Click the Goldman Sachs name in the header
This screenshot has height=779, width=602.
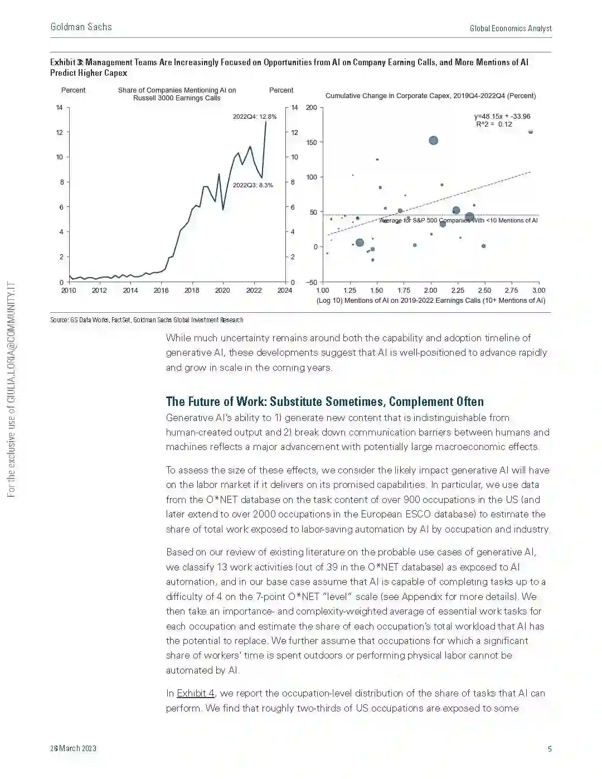pyautogui.click(x=81, y=27)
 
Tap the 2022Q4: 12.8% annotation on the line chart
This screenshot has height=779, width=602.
pyautogui.click(x=254, y=117)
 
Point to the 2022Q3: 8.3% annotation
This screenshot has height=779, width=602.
pyautogui.click(x=253, y=185)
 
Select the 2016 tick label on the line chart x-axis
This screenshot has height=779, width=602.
pyautogui.click(x=161, y=290)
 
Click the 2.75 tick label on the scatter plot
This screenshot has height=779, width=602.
pyautogui.click(x=511, y=290)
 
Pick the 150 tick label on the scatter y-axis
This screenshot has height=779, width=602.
pyautogui.click(x=312, y=143)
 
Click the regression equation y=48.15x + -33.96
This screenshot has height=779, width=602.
pyautogui.click(x=502, y=117)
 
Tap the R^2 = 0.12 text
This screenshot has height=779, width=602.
pyautogui.click(x=494, y=124)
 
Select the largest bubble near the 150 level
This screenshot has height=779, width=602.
pyautogui.click(x=433, y=141)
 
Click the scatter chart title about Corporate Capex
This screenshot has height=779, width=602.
pyautogui.click(x=430, y=96)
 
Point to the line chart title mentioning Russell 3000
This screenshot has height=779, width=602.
pyautogui.click(x=177, y=94)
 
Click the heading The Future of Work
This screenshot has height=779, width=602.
pyautogui.click(x=324, y=401)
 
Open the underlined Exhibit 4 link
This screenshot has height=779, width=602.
pyautogui.click(x=195, y=693)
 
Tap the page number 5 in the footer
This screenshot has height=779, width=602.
pyautogui.click(x=550, y=748)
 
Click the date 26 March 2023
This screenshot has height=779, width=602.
pyautogui.click(x=73, y=748)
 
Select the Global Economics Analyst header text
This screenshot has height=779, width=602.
pyautogui.click(x=511, y=28)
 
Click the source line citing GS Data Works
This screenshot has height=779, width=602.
pyautogui.click(x=147, y=320)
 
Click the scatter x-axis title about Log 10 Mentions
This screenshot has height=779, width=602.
pyautogui.click(x=430, y=301)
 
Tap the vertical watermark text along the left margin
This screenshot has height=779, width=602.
pyautogui.click(x=11, y=390)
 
